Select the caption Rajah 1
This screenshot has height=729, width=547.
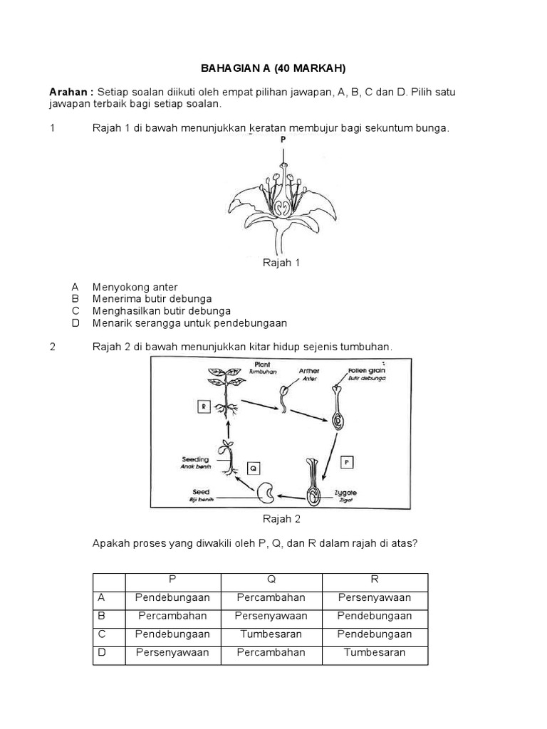(282, 263)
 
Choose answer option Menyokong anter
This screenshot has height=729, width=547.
(135, 287)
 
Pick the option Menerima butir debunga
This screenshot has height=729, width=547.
(152, 299)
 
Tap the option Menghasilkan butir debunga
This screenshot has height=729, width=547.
(161, 311)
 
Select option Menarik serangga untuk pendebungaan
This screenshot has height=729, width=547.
(189, 323)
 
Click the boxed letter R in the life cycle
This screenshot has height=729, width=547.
(204, 407)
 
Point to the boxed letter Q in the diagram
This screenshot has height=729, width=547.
(253, 468)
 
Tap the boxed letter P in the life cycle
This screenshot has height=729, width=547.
(347, 461)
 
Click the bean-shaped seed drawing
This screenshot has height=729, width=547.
(268, 492)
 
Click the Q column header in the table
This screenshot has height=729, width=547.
(271, 579)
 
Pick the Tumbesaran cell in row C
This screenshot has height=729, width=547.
(271, 634)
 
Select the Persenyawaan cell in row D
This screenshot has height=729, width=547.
(172, 652)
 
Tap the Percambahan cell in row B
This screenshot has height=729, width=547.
(172, 615)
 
